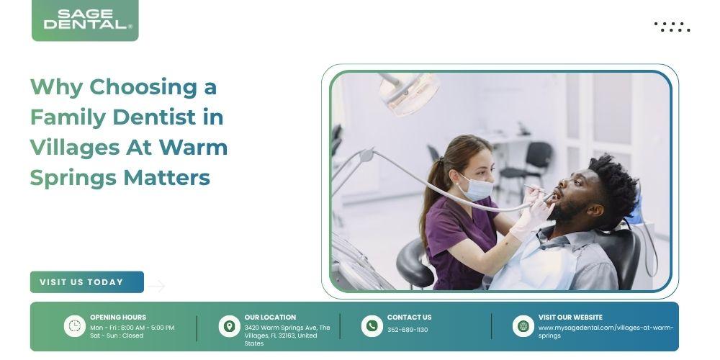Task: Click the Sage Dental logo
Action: coord(85,20)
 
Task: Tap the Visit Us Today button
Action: coord(87,282)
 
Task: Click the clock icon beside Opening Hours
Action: coord(74,326)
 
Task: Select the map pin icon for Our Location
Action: coord(229,326)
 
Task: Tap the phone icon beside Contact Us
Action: coord(372,326)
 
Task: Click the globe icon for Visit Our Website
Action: coord(523,326)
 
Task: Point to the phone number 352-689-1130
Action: coord(408,330)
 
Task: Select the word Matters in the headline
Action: coord(167,177)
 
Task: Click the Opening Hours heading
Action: coord(118,318)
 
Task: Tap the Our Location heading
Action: coord(270,318)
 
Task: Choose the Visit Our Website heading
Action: coord(570,318)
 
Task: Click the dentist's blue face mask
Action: coord(476,187)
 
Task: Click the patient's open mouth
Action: coord(557,195)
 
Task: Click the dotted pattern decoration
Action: coord(672,27)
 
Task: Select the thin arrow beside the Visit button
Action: coord(156,286)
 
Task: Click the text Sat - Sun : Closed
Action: coord(117,336)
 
